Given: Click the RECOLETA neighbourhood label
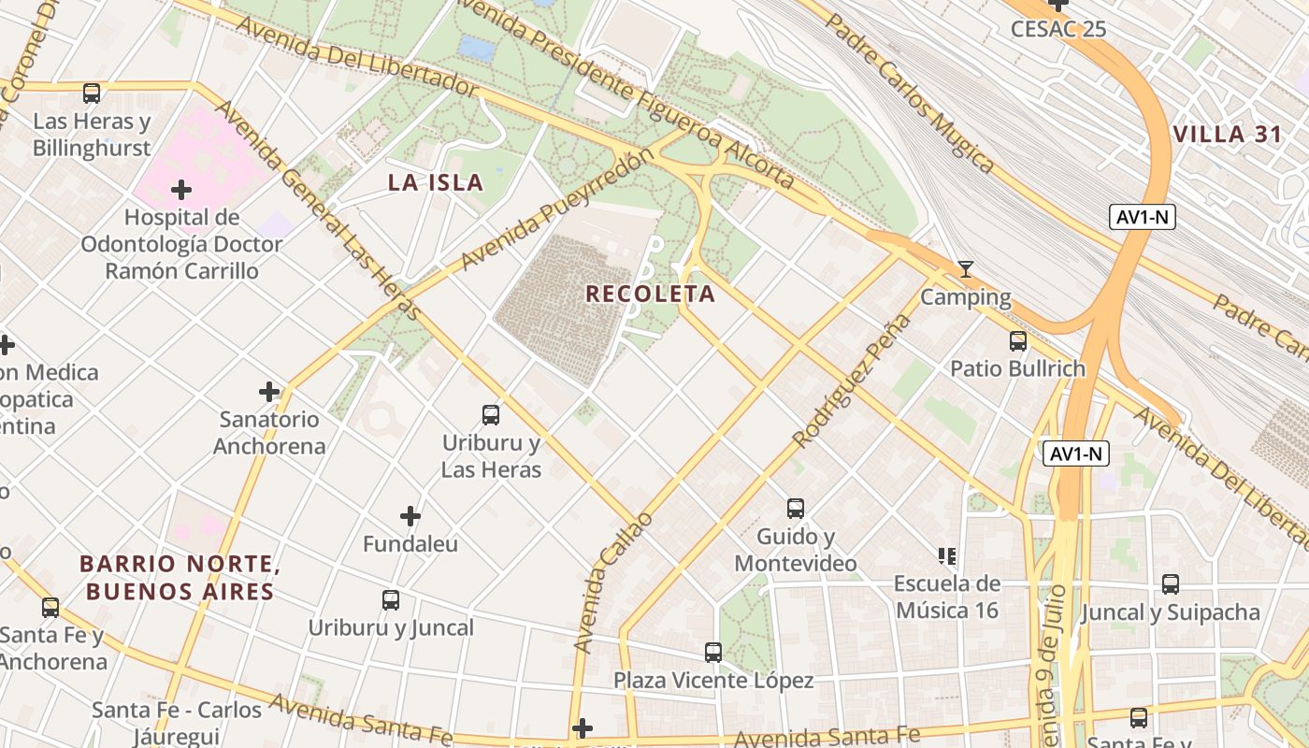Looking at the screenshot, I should click(650, 294).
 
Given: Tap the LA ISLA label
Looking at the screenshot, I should click(436, 182).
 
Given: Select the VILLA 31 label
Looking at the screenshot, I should click(1228, 134).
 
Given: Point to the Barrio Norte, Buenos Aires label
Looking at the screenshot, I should click(180, 578).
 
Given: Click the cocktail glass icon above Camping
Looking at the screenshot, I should click(966, 270).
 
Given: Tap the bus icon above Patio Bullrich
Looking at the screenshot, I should click(1018, 341).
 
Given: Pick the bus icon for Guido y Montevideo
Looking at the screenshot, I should click(796, 509).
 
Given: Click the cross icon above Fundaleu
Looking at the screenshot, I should click(410, 515).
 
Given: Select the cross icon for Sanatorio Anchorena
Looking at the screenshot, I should click(269, 392).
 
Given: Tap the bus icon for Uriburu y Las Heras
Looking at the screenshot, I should click(491, 414).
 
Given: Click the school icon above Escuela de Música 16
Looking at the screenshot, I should click(947, 556).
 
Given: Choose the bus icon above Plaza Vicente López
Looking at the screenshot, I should click(713, 652).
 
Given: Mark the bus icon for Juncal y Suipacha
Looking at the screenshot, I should click(1170, 584).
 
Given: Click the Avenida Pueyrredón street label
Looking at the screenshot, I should click(555, 209).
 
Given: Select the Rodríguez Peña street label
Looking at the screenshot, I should click(851, 381).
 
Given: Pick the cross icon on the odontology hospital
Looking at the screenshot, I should click(181, 191).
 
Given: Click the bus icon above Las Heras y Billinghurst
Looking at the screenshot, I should click(92, 93).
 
